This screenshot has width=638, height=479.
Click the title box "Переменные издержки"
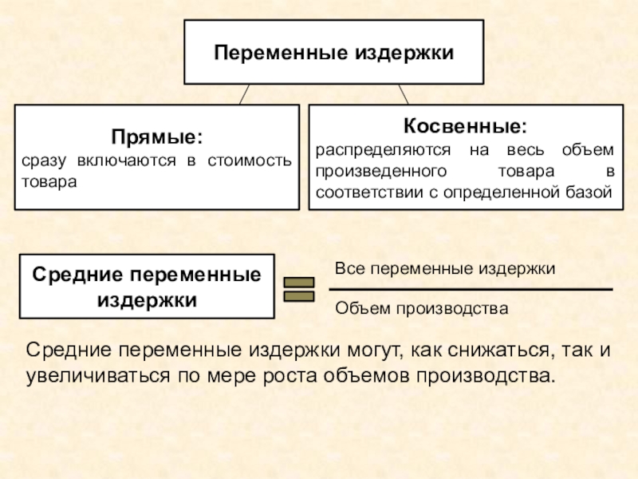click(333, 53)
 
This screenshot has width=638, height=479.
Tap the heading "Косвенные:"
click(464, 126)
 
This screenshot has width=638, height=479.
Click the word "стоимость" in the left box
click(250, 163)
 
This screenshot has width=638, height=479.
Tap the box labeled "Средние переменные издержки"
click(147, 287)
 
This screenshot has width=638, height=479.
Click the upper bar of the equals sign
click(300, 282)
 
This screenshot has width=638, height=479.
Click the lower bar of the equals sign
click(300, 296)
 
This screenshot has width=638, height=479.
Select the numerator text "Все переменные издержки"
click(444, 269)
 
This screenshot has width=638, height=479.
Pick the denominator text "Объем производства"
click(421, 307)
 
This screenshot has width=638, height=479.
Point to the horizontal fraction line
click(471, 289)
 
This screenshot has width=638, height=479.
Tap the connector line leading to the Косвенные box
click(403, 94)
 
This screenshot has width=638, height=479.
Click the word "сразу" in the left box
click(45, 163)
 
